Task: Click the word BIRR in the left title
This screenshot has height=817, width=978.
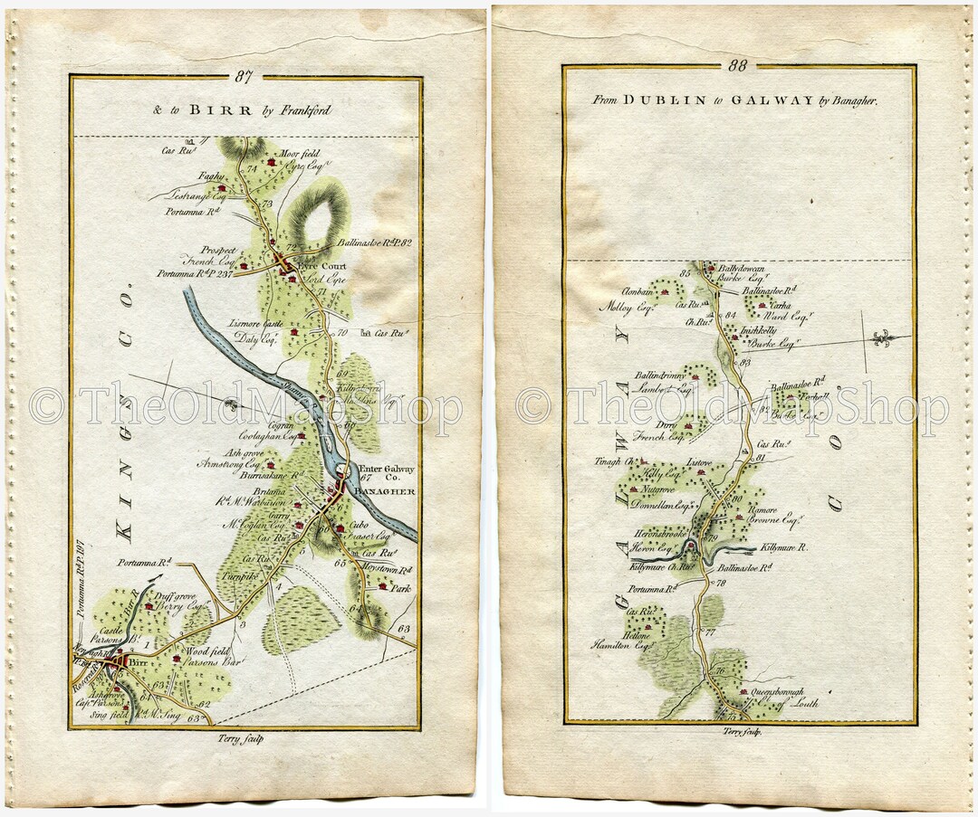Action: coord(206,110)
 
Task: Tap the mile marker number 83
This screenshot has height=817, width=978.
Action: coord(745,363)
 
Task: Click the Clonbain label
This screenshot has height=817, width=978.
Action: coord(638,291)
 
